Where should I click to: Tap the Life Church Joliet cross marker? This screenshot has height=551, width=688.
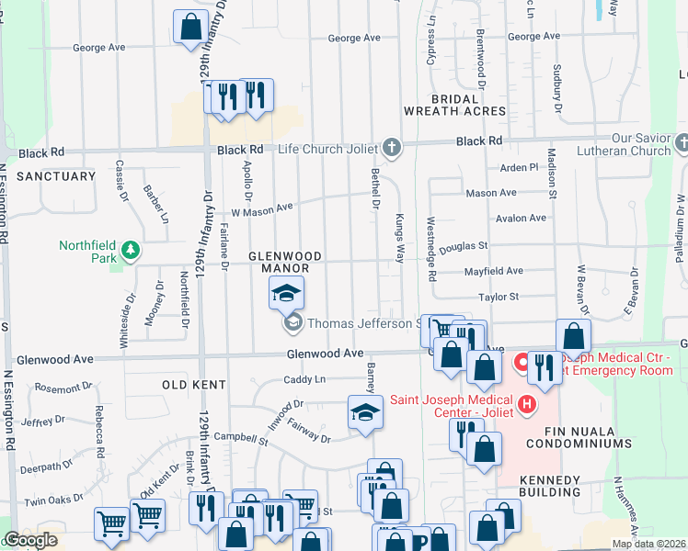click(x=392, y=148)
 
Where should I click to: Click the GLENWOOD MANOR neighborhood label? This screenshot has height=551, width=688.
click(x=284, y=262)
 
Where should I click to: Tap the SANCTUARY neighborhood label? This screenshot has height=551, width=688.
click(x=56, y=175)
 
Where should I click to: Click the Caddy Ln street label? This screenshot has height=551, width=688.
click(x=304, y=379)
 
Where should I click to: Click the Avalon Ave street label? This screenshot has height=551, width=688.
click(x=521, y=219)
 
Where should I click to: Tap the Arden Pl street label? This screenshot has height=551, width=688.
click(x=519, y=168)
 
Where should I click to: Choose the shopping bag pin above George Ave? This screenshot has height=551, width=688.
click(x=190, y=28)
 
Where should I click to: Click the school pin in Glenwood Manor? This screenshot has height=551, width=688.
click(x=286, y=294)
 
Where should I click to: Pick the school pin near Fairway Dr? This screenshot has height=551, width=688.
click(x=365, y=412)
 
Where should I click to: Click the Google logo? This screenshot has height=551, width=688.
click(x=30, y=540)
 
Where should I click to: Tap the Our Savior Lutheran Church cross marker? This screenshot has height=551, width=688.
click(x=681, y=143)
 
